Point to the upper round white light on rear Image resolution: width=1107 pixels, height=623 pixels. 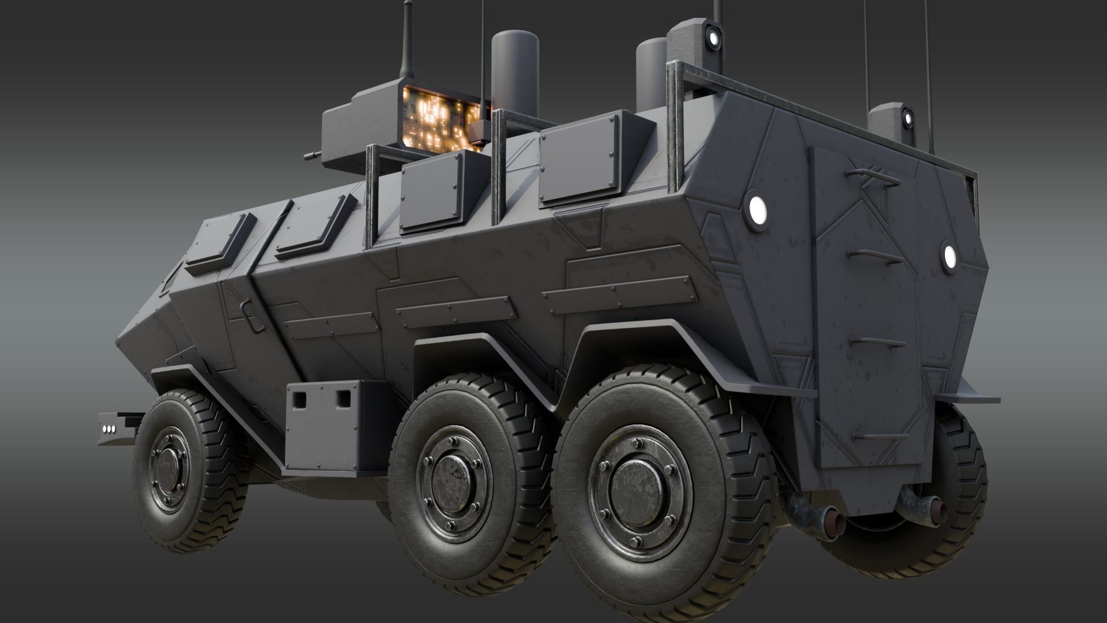coord(755,205)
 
